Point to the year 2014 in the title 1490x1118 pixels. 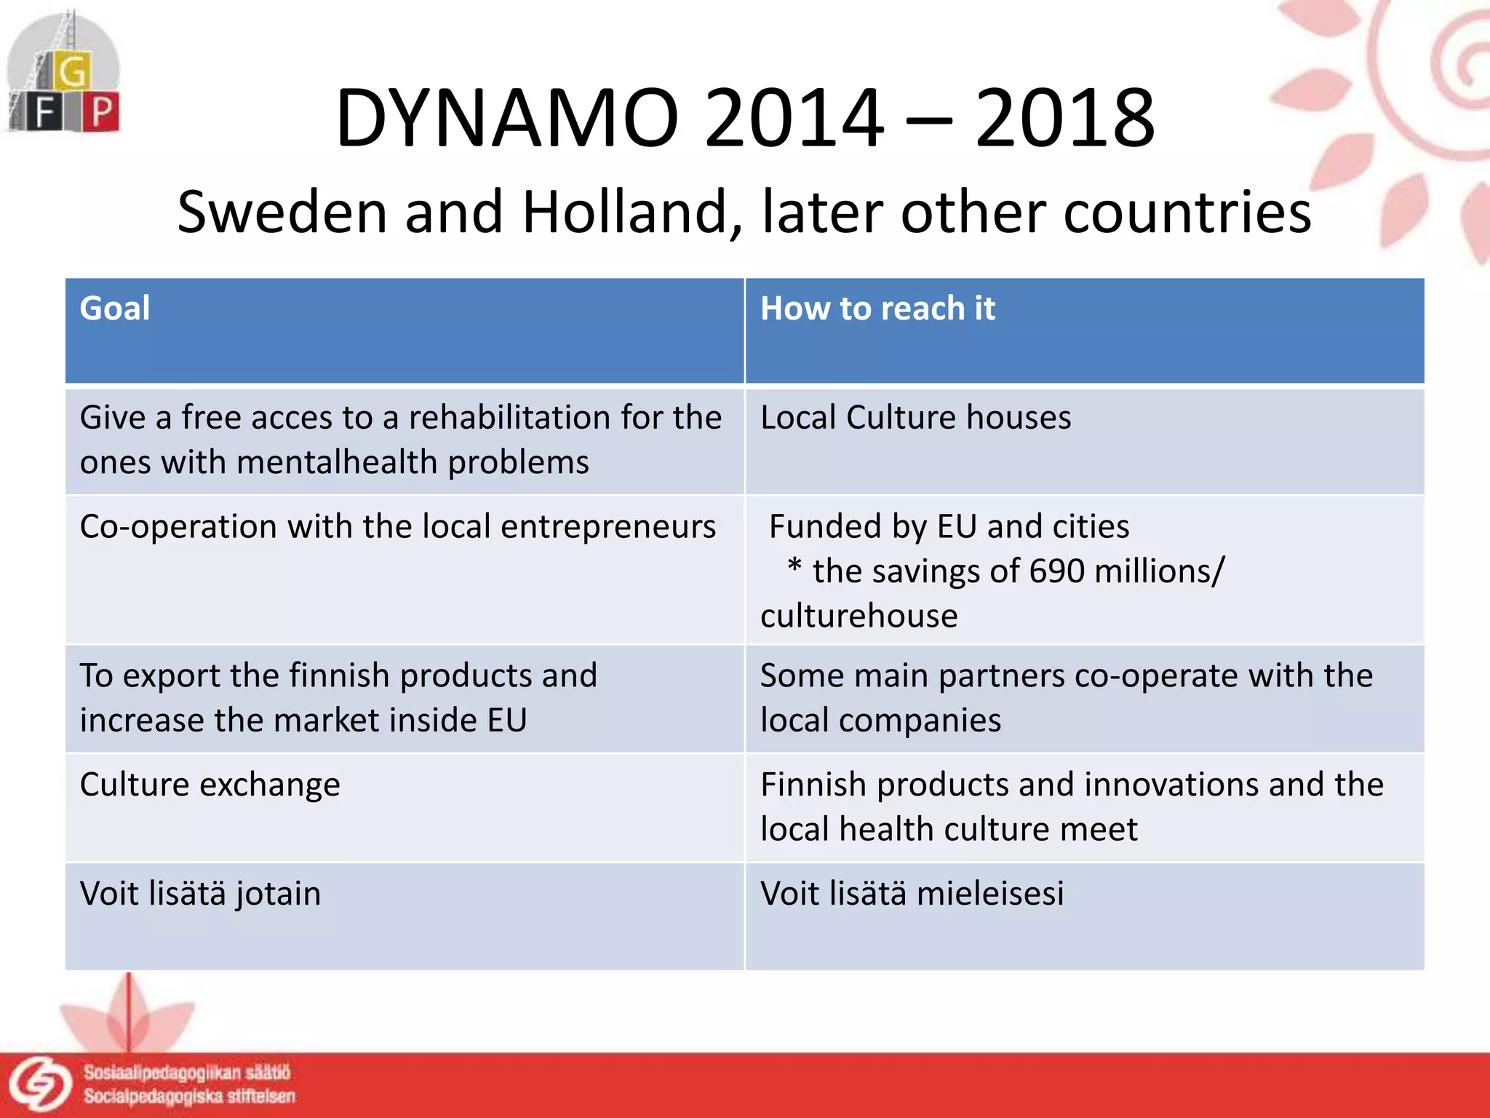coord(794,118)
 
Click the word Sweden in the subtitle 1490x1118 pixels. coord(282,213)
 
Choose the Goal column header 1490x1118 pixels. coord(115,309)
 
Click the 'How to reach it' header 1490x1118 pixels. coord(877,309)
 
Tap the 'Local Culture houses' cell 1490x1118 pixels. coord(915,418)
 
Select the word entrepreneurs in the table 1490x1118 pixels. coord(608,527)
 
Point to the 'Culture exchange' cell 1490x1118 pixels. coord(210,785)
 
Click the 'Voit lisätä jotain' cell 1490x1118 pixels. coord(200,894)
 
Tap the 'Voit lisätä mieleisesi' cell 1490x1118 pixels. coord(912,894)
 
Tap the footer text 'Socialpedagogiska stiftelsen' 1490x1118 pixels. coord(189,1097)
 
